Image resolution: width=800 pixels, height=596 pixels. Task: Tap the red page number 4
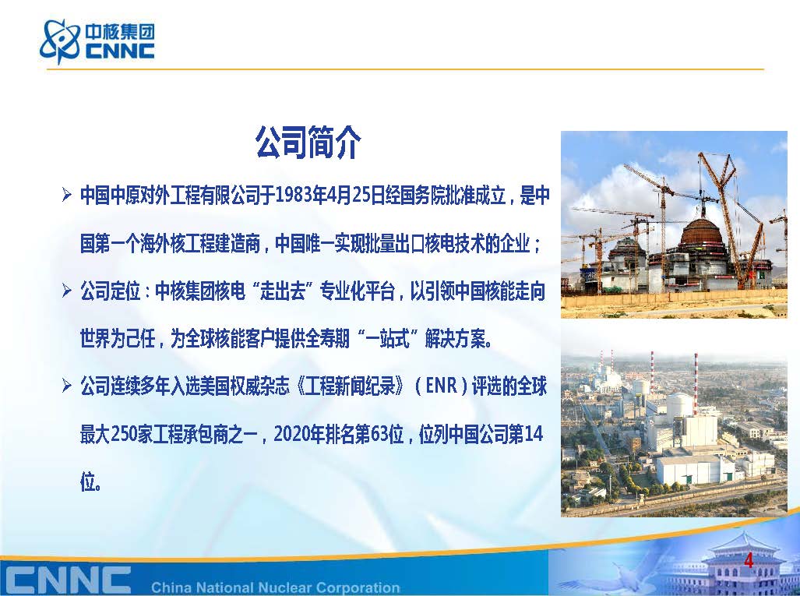[x=749, y=560]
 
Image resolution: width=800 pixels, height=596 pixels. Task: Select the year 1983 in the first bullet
[x=294, y=196]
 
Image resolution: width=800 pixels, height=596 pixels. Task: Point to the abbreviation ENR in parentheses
[x=442, y=386]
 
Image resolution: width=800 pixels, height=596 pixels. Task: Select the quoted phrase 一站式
[x=388, y=339]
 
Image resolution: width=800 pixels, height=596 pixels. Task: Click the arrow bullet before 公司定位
[x=66, y=291]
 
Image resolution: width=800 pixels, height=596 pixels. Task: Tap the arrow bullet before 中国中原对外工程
[x=66, y=195]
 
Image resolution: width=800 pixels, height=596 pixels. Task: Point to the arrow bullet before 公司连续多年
[x=66, y=386]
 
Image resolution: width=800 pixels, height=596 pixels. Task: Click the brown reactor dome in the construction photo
[x=703, y=232]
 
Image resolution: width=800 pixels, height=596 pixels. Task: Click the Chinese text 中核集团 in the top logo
[x=119, y=32]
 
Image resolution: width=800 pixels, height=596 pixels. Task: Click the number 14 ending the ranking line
[x=534, y=435]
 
